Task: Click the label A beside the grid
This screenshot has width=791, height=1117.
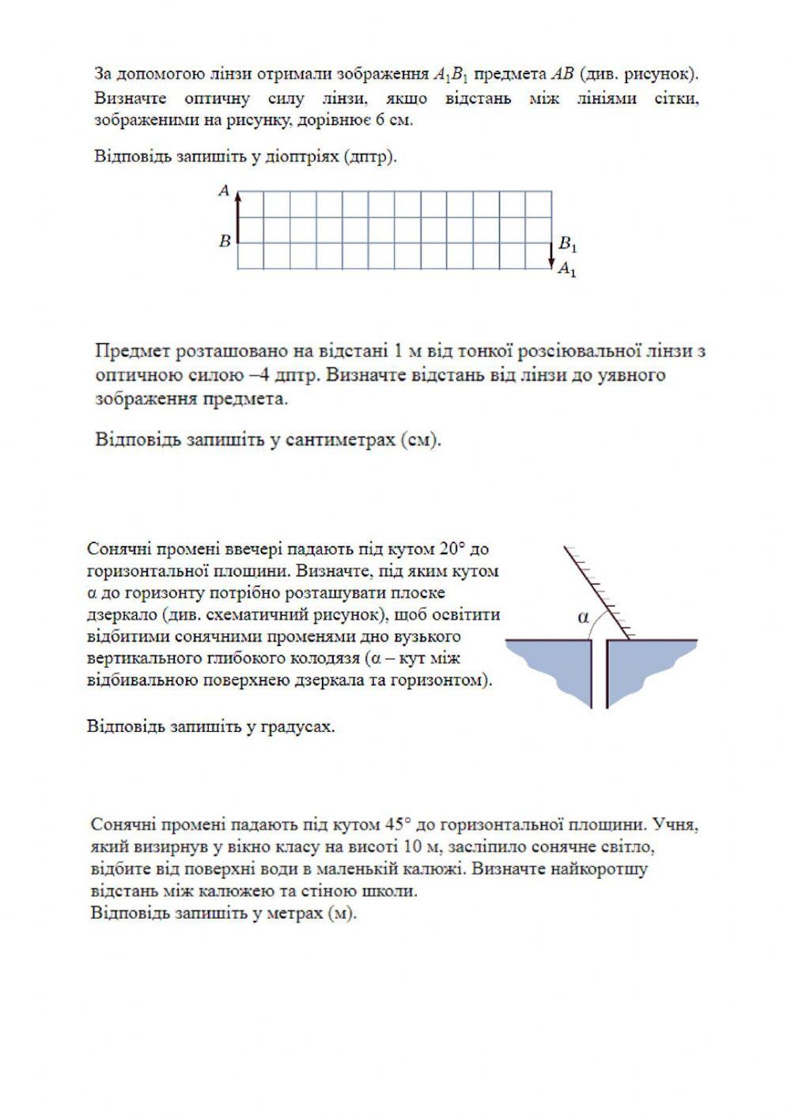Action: (224, 191)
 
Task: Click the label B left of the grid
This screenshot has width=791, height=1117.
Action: (225, 241)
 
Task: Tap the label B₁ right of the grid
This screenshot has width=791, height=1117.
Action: (568, 243)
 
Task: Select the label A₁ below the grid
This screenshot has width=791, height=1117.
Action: (567, 270)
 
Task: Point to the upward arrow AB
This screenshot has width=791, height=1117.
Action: (237, 216)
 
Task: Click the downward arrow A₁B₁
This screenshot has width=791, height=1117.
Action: (551, 255)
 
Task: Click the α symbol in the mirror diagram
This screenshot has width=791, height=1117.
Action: (584, 617)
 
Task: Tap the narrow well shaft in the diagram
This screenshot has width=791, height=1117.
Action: (599, 672)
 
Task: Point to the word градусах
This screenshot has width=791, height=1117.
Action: (297, 726)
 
